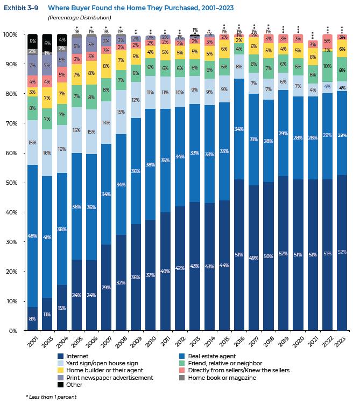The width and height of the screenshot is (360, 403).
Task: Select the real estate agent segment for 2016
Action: (238, 129)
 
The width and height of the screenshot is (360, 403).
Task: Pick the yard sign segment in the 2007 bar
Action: (107, 123)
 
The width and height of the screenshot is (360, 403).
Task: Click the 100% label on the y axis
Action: (11, 34)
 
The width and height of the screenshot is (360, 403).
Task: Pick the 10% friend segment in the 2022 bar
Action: (327, 66)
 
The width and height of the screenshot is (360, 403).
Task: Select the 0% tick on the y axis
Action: (13, 331)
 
